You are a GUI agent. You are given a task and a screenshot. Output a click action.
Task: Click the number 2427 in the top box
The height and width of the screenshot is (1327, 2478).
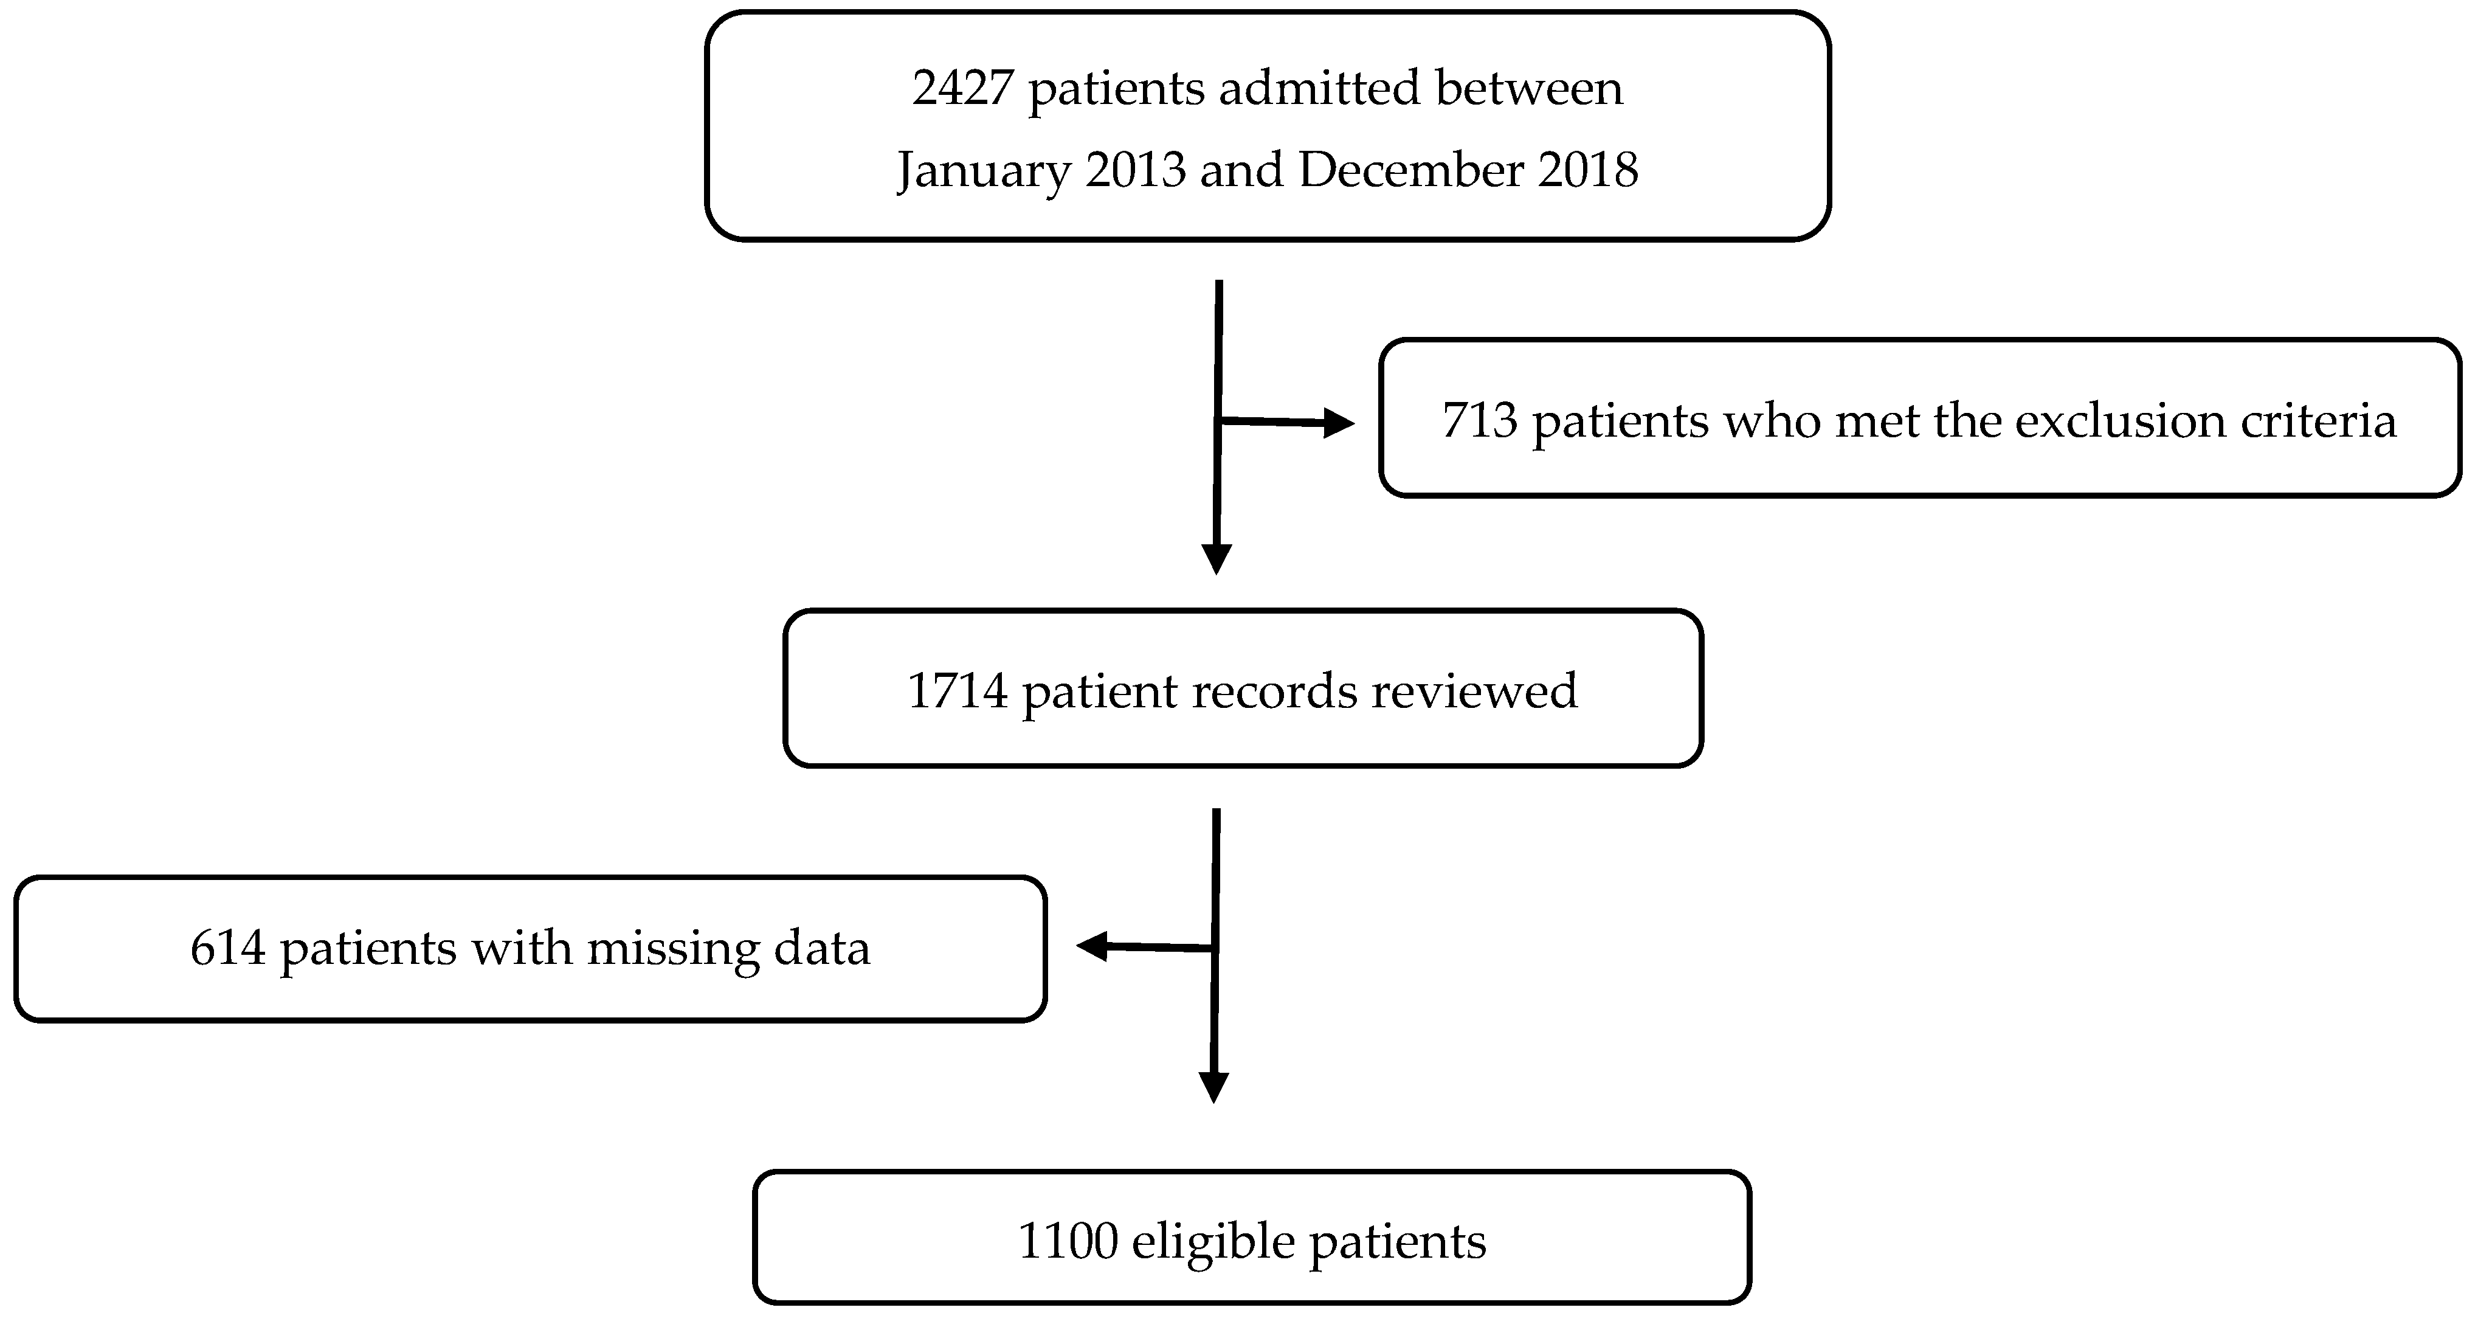(962, 89)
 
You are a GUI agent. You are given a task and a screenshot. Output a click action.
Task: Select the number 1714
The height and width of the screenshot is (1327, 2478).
(956, 691)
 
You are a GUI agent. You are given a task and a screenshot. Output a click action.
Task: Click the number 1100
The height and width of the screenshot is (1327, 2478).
(1067, 1241)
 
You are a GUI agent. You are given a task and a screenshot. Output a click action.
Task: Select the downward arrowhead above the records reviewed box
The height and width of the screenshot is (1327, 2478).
(1217, 559)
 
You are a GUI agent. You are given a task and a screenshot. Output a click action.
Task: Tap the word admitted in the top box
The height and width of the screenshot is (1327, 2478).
(1319, 89)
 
